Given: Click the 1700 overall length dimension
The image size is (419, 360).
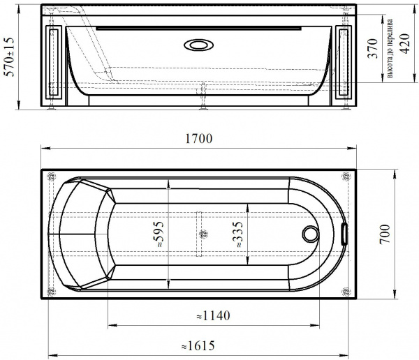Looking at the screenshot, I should coord(199,139).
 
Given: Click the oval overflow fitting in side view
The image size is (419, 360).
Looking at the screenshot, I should coord(199,47).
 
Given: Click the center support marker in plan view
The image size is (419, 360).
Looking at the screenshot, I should coord(203,235).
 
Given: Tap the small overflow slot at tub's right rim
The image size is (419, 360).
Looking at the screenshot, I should coord(344,234).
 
